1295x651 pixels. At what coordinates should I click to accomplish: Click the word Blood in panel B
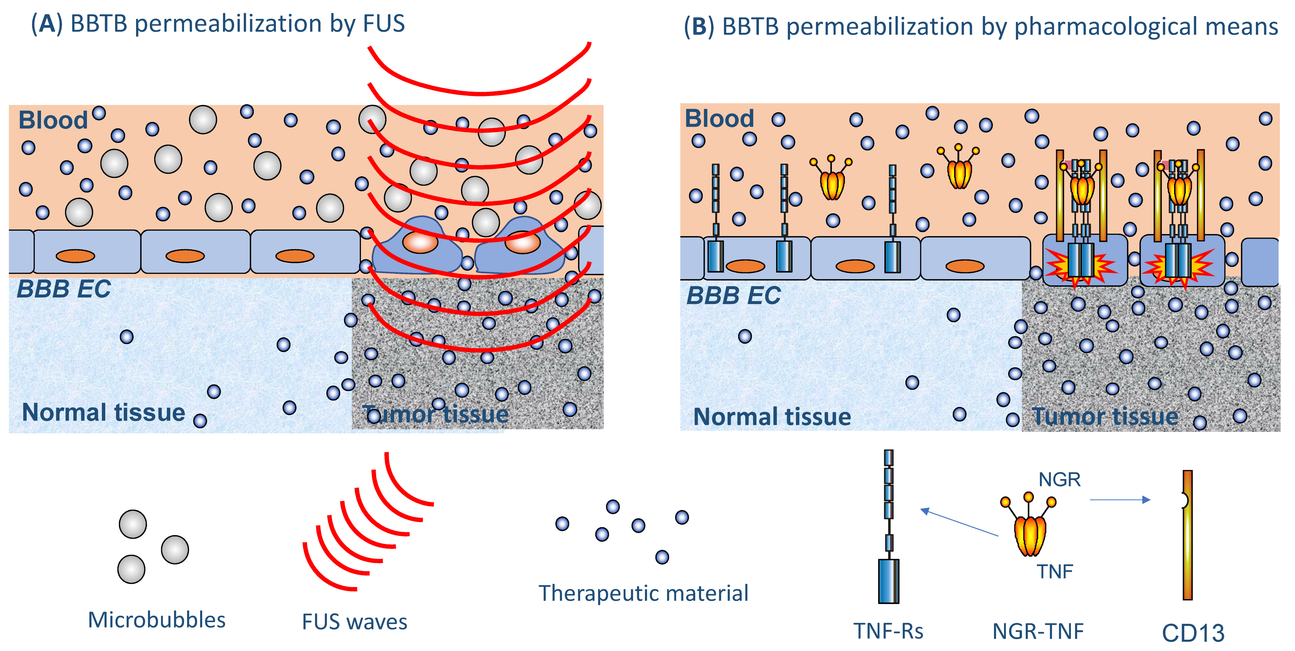click(x=719, y=119)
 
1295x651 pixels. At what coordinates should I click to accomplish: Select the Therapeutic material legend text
click(x=644, y=593)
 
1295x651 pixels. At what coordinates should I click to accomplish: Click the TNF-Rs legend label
click(x=888, y=631)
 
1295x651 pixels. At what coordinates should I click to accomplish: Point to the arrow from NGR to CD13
click(x=1120, y=500)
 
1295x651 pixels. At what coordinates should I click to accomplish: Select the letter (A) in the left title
click(x=47, y=24)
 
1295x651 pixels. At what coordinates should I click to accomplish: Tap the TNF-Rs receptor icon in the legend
click(x=888, y=526)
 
